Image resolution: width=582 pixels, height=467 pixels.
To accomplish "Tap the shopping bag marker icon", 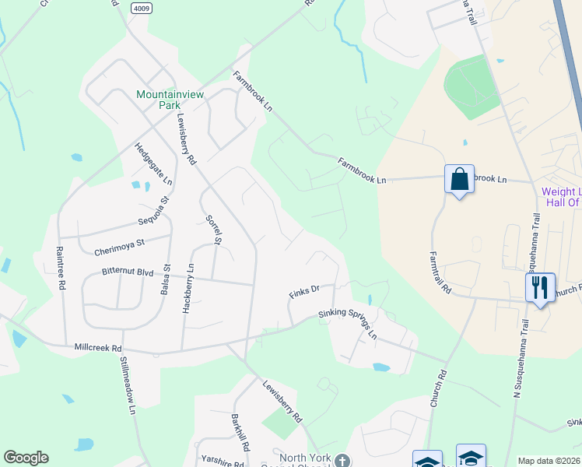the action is point(459,180).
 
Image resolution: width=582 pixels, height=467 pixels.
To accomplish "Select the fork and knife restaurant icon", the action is point(539,287).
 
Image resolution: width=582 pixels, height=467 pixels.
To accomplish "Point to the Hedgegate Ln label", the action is point(153,163).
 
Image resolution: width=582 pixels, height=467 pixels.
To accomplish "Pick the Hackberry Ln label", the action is point(188,288).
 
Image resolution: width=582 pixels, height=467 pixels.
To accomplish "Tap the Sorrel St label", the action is point(212,230).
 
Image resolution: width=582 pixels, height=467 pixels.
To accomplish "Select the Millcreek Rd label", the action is point(98,348).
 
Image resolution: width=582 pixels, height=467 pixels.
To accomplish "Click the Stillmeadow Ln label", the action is point(128,385).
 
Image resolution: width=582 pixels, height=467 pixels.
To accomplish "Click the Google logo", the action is point(26,458).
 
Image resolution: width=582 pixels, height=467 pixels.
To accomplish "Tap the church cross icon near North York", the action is point(342,461).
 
